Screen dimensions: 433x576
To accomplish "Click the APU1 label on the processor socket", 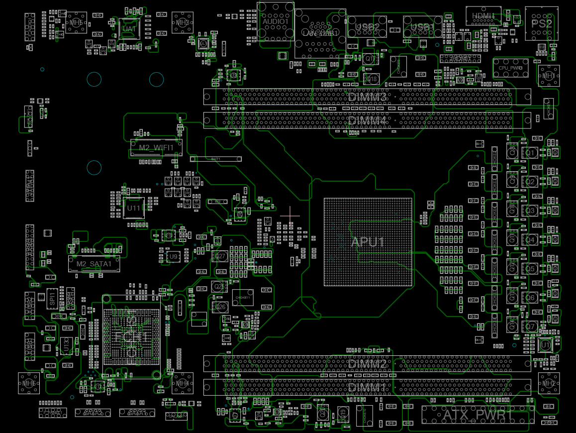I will [x=368, y=242].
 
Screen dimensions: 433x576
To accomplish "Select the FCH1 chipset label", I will [x=131, y=337].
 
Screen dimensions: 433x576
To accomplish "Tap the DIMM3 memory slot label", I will [x=367, y=97].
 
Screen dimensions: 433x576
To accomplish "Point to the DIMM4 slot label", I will [x=367, y=120].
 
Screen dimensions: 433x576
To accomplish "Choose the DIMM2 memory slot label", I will [x=367, y=364].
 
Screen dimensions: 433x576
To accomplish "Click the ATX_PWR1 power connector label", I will [x=478, y=414].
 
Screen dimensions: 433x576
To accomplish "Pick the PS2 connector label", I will [x=542, y=23].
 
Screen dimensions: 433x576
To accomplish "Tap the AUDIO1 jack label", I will [x=276, y=22].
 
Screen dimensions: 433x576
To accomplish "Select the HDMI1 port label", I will [x=483, y=16].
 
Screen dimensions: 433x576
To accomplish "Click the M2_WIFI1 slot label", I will [x=156, y=148].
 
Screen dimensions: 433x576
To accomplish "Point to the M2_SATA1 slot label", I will [x=94, y=263].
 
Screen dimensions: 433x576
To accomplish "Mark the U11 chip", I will [x=134, y=208].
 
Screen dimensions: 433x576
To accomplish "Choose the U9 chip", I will [x=173, y=256].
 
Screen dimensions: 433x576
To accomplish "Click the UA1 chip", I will [x=129, y=29].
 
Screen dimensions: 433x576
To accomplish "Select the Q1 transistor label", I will [x=531, y=152].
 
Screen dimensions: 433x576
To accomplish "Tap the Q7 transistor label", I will [x=531, y=327].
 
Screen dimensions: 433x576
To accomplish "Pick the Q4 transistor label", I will [x=531, y=240].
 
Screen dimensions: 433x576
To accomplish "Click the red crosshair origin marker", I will [x=290, y=216].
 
